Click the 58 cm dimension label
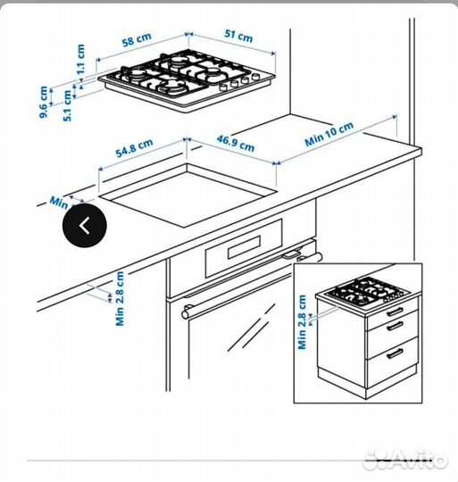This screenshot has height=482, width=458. coord(136,40)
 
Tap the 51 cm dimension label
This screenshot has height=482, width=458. coord(237,36)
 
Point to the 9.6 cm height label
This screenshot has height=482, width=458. coord(42,101)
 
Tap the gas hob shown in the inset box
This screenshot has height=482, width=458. coord(366,292)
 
